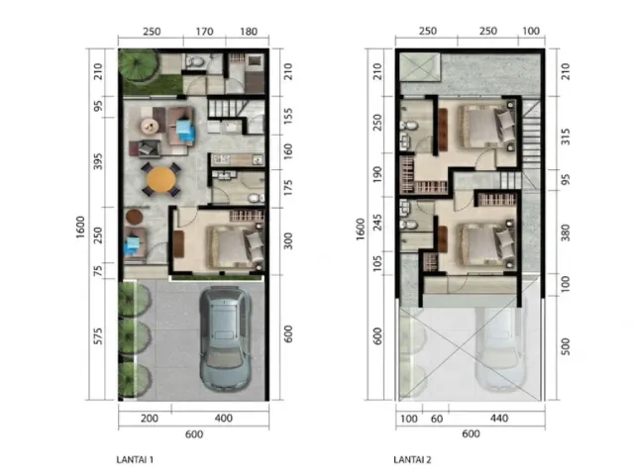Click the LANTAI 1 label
pyautogui.click(x=135, y=459)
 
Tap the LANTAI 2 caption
pyautogui.click(x=412, y=459)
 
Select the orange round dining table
pyautogui.click(x=161, y=179)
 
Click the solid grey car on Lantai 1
pyautogui.click(x=225, y=338)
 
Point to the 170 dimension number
pyautogui.click(x=204, y=32)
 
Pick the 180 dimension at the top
pyautogui.click(x=249, y=32)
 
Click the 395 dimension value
pyautogui.click(x=98, y=161)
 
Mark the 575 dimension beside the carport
pyautogui.click(x=98, y=336)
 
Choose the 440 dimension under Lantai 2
pyautogui.click(x=499, y=418)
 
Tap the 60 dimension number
pyautogui.click(x=437, y=419)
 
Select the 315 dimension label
pyautogui.click(x=566, y=137)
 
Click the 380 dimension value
pyautogui.click(x=566, y=233)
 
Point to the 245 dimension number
pyautogui.click(x=377, y=222)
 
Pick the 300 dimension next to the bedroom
pyautogui.click(x=287, y=241)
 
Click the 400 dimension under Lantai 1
pyautogui.click(x=223, y=418)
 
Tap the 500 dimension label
pyautogui.click(x=566, y=346)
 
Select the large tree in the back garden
pyautogui.click(x=137, y=65)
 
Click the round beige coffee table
pyautogui.click(x=150, y=127)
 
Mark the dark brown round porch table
pyautogui.click(x=134, y=217)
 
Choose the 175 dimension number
pyautogui.click(x=287, y=188)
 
